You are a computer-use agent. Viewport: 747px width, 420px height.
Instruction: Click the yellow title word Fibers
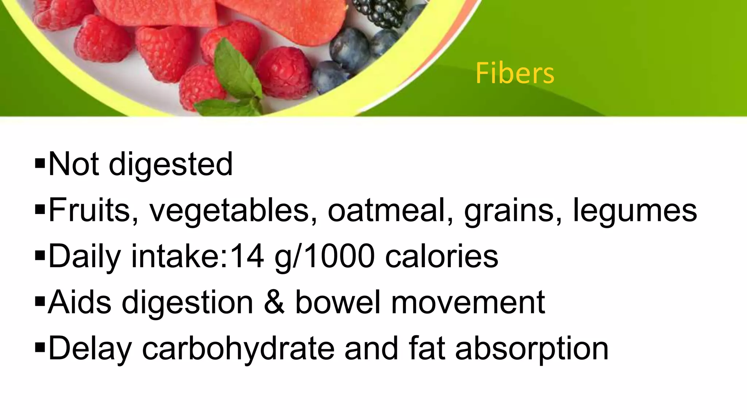[515, 73]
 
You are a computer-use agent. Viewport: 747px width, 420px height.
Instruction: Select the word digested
[171, 165]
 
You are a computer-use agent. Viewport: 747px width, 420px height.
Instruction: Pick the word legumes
[635, 211]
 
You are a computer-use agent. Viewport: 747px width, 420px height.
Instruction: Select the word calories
[442, 256]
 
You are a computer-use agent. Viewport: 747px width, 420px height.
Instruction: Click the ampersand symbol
[274, 302]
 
